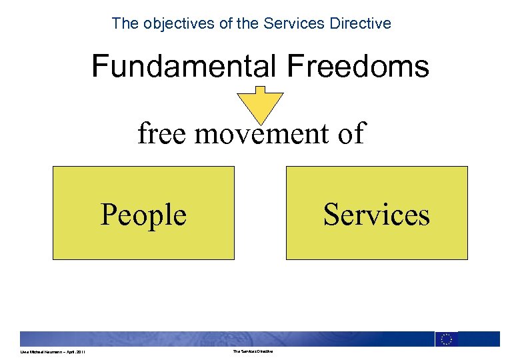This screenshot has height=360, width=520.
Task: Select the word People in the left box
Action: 143,215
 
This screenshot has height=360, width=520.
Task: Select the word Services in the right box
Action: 377,215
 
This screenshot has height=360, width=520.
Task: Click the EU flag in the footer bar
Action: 446,339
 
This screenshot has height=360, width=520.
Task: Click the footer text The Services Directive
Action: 253,352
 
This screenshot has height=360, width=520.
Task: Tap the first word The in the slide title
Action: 124,24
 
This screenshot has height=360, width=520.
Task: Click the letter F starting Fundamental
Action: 99,67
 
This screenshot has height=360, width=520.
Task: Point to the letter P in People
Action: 107,215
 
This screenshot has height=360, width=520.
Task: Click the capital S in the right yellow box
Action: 331,215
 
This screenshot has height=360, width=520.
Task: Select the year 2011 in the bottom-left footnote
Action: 79,352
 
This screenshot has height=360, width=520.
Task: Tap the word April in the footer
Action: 66,352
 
